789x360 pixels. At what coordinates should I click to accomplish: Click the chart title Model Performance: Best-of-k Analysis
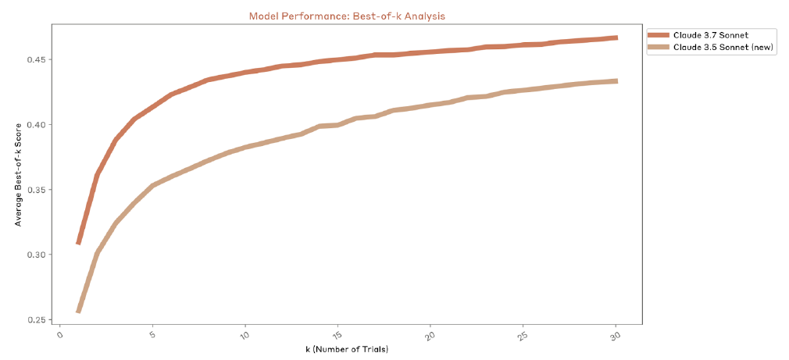tap(347, 16)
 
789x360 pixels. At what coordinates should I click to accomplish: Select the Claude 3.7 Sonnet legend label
tap(705, 35)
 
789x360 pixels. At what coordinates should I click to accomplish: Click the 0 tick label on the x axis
tap(59, 335)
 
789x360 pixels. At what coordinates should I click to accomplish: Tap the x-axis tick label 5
tap(152, 335)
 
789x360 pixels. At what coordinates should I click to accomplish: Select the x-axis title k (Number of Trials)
tap(347, 349)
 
